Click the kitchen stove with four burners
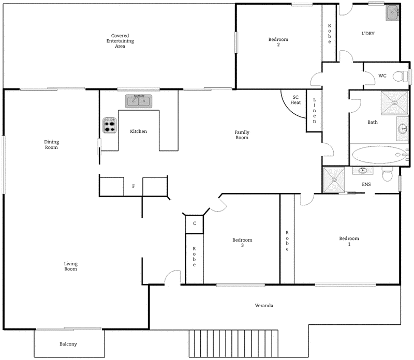point(110,125)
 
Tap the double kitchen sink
point(138,101)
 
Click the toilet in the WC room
point(400,77)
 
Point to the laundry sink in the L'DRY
point(392,12)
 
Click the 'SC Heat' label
point(295,100)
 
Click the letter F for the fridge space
point(134,186)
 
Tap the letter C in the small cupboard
point(194,223)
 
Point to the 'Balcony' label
point(68,344)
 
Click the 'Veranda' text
point(264,306)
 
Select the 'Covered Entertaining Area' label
point(120,41)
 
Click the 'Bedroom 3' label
point(242,243)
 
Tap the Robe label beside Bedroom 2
point(329,34)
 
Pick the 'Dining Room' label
point(51,145)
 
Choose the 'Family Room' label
point(242,135)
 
